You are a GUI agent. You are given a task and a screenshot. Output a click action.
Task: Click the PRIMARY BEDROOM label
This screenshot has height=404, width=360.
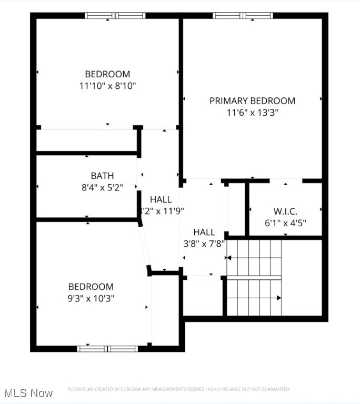tap(252, 100)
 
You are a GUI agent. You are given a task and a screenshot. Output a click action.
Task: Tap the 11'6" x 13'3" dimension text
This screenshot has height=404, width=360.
tap(252, 112)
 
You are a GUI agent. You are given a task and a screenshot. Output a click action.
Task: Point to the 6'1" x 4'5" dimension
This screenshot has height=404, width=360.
tap(285, 223)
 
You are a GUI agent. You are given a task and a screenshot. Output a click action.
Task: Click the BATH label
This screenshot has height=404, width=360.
tap(102, 176)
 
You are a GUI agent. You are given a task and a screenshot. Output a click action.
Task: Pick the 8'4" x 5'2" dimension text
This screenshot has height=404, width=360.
tap(102, 187)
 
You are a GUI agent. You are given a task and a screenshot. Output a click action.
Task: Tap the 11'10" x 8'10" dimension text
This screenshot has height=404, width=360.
tap(107, 85)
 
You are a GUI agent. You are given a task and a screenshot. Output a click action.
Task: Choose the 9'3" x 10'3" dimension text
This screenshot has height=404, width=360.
tap(91, 298)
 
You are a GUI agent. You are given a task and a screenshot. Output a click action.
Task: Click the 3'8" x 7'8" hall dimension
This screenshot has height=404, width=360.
tap(204, 244)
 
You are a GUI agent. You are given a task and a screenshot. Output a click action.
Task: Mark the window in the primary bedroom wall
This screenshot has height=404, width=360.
tap(243, 16)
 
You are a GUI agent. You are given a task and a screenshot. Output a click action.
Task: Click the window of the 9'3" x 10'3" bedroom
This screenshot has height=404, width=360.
tap(107, 348)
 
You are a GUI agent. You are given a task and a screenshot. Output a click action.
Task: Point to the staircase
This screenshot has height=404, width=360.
tap(254, 277)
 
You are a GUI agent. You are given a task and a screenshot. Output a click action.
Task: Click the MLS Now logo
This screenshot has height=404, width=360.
tap(28, 393)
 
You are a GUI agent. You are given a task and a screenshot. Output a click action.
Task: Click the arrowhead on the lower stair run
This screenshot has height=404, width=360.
tap(279, 298)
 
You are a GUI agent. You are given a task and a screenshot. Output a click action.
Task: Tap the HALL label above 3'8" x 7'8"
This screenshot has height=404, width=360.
tap(204, 232)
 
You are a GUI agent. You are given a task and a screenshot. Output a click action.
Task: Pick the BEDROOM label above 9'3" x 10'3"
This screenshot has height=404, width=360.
tap(91, 287)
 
